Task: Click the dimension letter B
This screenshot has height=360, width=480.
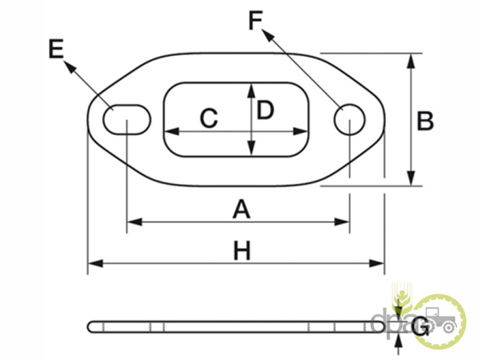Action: [425, 121]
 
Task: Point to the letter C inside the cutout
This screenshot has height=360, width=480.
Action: [209, 118]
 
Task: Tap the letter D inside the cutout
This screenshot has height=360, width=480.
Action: [265, 111]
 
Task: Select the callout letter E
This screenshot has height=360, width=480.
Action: [56, 49]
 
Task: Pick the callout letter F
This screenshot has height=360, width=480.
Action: [255, 20]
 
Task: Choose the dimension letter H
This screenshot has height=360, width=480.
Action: [242, 251]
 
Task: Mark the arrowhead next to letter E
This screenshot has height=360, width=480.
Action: [69, 67]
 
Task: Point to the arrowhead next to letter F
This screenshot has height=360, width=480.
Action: [268, 35]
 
